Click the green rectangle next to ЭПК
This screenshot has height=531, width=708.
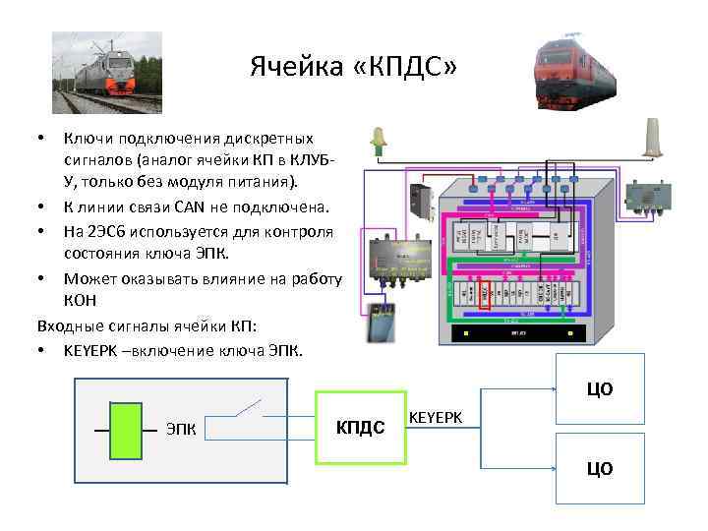tap(127, 430)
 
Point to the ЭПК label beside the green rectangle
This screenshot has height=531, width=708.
tap(181, 430)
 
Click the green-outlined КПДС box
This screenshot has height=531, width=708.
tap(360, 428)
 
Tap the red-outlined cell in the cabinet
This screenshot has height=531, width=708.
tap(484, 292)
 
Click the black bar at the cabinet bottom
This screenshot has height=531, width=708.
tap(517, 334)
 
